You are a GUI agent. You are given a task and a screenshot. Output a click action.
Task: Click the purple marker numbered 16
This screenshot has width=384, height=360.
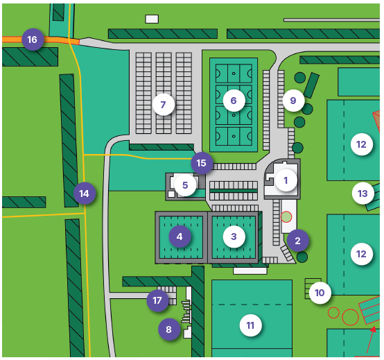point(33,40)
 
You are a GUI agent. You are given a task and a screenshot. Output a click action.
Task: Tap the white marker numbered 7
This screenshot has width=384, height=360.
point(164,105)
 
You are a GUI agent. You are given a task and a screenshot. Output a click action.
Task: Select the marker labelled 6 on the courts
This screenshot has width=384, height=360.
point(234,101)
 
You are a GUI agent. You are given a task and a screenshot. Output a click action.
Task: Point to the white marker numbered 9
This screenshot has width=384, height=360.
point(293,101)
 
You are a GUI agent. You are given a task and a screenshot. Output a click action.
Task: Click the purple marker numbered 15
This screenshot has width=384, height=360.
point(202,163)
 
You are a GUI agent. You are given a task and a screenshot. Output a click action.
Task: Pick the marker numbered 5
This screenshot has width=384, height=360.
point(185,185)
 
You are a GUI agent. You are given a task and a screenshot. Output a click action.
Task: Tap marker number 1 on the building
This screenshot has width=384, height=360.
point(286,180)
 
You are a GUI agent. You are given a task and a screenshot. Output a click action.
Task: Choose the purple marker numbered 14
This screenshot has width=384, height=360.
point(85,194)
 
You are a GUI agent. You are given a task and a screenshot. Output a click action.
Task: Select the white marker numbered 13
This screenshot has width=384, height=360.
point(363,194)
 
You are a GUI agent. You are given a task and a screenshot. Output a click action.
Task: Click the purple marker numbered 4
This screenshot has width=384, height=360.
point(180,237)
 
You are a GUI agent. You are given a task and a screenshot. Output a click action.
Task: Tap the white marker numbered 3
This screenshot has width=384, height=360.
point(234,237)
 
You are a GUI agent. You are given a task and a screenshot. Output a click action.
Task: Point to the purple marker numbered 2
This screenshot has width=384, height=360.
point(298,241)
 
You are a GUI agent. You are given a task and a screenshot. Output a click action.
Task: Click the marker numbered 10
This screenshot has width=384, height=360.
point(320,293)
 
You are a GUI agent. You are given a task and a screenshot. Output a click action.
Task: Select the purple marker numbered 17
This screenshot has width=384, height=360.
point(157,300)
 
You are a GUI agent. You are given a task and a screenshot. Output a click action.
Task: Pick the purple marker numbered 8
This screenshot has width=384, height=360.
point(169,329)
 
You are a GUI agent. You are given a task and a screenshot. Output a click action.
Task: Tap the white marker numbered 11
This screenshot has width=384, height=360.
point(250,326)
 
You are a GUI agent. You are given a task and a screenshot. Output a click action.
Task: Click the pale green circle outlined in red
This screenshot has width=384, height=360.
point(286,217)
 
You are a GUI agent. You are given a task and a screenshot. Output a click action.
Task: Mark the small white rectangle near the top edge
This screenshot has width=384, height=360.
point(152,19)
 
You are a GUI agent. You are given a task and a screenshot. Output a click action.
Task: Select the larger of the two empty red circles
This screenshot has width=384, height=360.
point(350,317)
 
